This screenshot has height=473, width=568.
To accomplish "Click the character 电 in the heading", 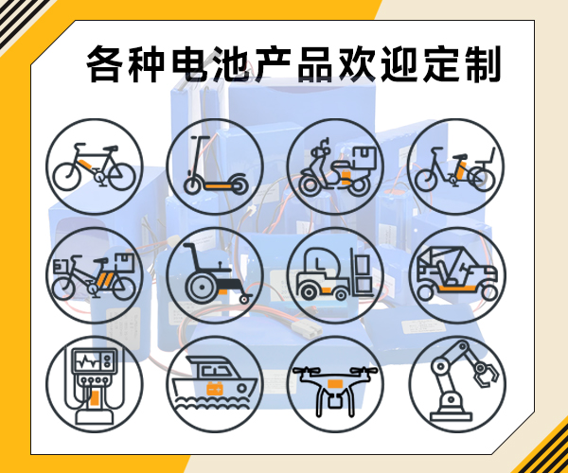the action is tap(189, 64).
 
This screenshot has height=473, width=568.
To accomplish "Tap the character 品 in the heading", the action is tap(315, 64).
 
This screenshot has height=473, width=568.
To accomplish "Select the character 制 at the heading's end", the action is tap(483, 64).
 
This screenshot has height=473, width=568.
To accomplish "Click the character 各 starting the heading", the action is tap(105, 64).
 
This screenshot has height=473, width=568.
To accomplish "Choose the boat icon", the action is tap(215, 382).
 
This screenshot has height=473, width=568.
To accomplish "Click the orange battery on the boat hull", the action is tap(215, 388).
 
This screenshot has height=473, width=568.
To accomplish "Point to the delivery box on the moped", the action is tap(364, 158).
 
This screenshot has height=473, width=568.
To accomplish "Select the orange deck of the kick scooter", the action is tap(218, 186).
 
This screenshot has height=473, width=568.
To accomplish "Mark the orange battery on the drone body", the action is tap(335, 384).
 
